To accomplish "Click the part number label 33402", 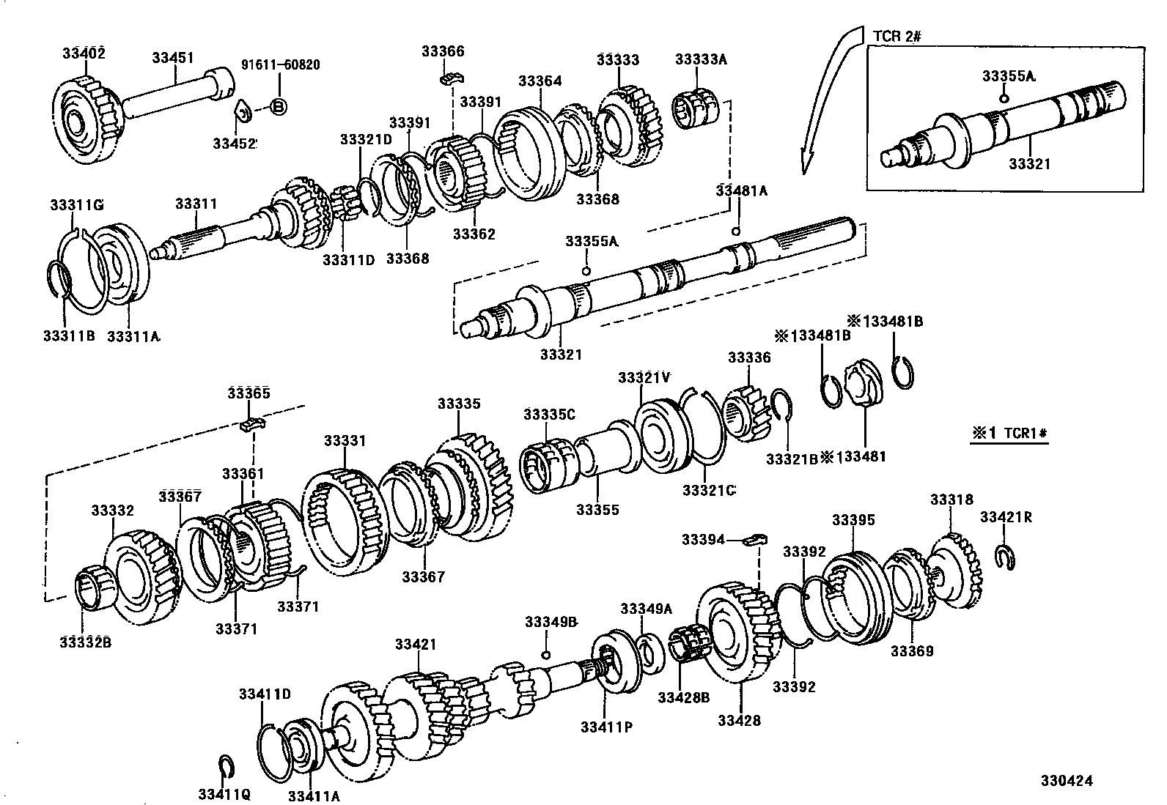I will [83, 53].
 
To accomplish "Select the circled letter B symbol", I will [278, 107].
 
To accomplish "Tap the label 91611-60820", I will [280, 65].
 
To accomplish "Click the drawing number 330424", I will [1065, 781].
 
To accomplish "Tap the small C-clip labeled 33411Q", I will [227, 765].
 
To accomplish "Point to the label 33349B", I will [551, 623].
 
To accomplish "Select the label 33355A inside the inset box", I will [1009, 75].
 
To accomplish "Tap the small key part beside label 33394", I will [754, 541].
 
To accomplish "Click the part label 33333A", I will [700, 60].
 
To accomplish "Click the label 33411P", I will [606, 727].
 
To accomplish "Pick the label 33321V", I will [644, 377].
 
